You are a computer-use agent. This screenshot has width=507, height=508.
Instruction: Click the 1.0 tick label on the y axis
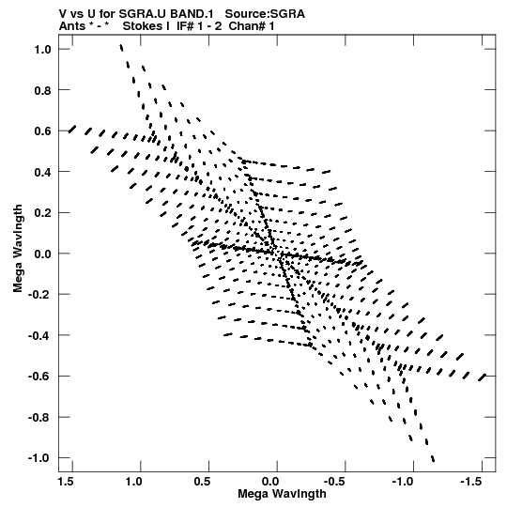click(43, 49)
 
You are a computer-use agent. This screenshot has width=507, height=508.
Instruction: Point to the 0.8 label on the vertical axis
click(43, 90)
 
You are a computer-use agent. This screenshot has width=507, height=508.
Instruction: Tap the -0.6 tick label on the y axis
click(39, 377)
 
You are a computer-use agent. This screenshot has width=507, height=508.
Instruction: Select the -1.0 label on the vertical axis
click(39, 458)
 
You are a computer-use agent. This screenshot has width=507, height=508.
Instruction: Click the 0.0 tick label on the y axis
click(43, 254)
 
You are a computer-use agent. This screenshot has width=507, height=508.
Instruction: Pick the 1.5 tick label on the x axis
click(66, 482)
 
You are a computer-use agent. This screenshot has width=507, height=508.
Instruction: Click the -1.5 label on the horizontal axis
click(470, 482)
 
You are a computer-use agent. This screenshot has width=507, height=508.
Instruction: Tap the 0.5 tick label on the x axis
click(203, 482)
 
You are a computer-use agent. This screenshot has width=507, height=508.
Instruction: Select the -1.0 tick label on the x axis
click(403, 482)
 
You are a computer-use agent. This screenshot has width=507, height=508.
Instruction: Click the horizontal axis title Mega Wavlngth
click(282, 494)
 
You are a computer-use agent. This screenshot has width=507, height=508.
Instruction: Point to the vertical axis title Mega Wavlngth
click(18, 249)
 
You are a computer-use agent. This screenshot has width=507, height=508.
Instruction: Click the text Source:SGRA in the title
click(265, 14)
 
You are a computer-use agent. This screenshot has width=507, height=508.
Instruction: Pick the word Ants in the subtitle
click(72, 26)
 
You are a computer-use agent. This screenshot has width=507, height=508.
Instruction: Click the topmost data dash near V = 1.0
click(121, 48)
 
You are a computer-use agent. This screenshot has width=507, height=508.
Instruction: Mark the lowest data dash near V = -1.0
click(433, 458)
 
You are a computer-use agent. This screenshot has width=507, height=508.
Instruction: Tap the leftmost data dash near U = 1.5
click(72, 129)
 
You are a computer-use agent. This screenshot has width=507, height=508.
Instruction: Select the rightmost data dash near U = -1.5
click(483, 377)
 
